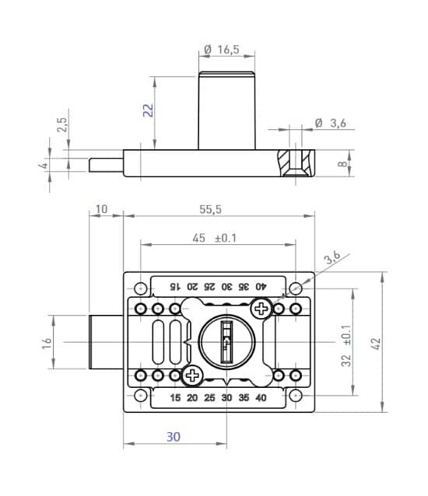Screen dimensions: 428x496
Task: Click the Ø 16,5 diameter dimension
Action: pyautogui.click(x=221, y=49)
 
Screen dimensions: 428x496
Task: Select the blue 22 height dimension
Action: pyautogui.click(x=148, y=110)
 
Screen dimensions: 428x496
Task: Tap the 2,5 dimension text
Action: pyautogui.click(x=61, y=124)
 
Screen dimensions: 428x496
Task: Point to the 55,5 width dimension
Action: pyautogui.click(x=211, y=209)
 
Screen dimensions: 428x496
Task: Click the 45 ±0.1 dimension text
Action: pyautogui.click(x=215, y=238)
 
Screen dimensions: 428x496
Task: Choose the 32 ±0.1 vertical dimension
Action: pyautogui.click(x=346, y=345)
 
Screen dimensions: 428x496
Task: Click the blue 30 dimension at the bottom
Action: pyautogui.click(x=174, y=437)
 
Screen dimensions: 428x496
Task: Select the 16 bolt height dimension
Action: pyautogui.click(x=47, y=343)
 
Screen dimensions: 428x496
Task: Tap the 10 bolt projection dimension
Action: pyautogui.click(x=102, y=209)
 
